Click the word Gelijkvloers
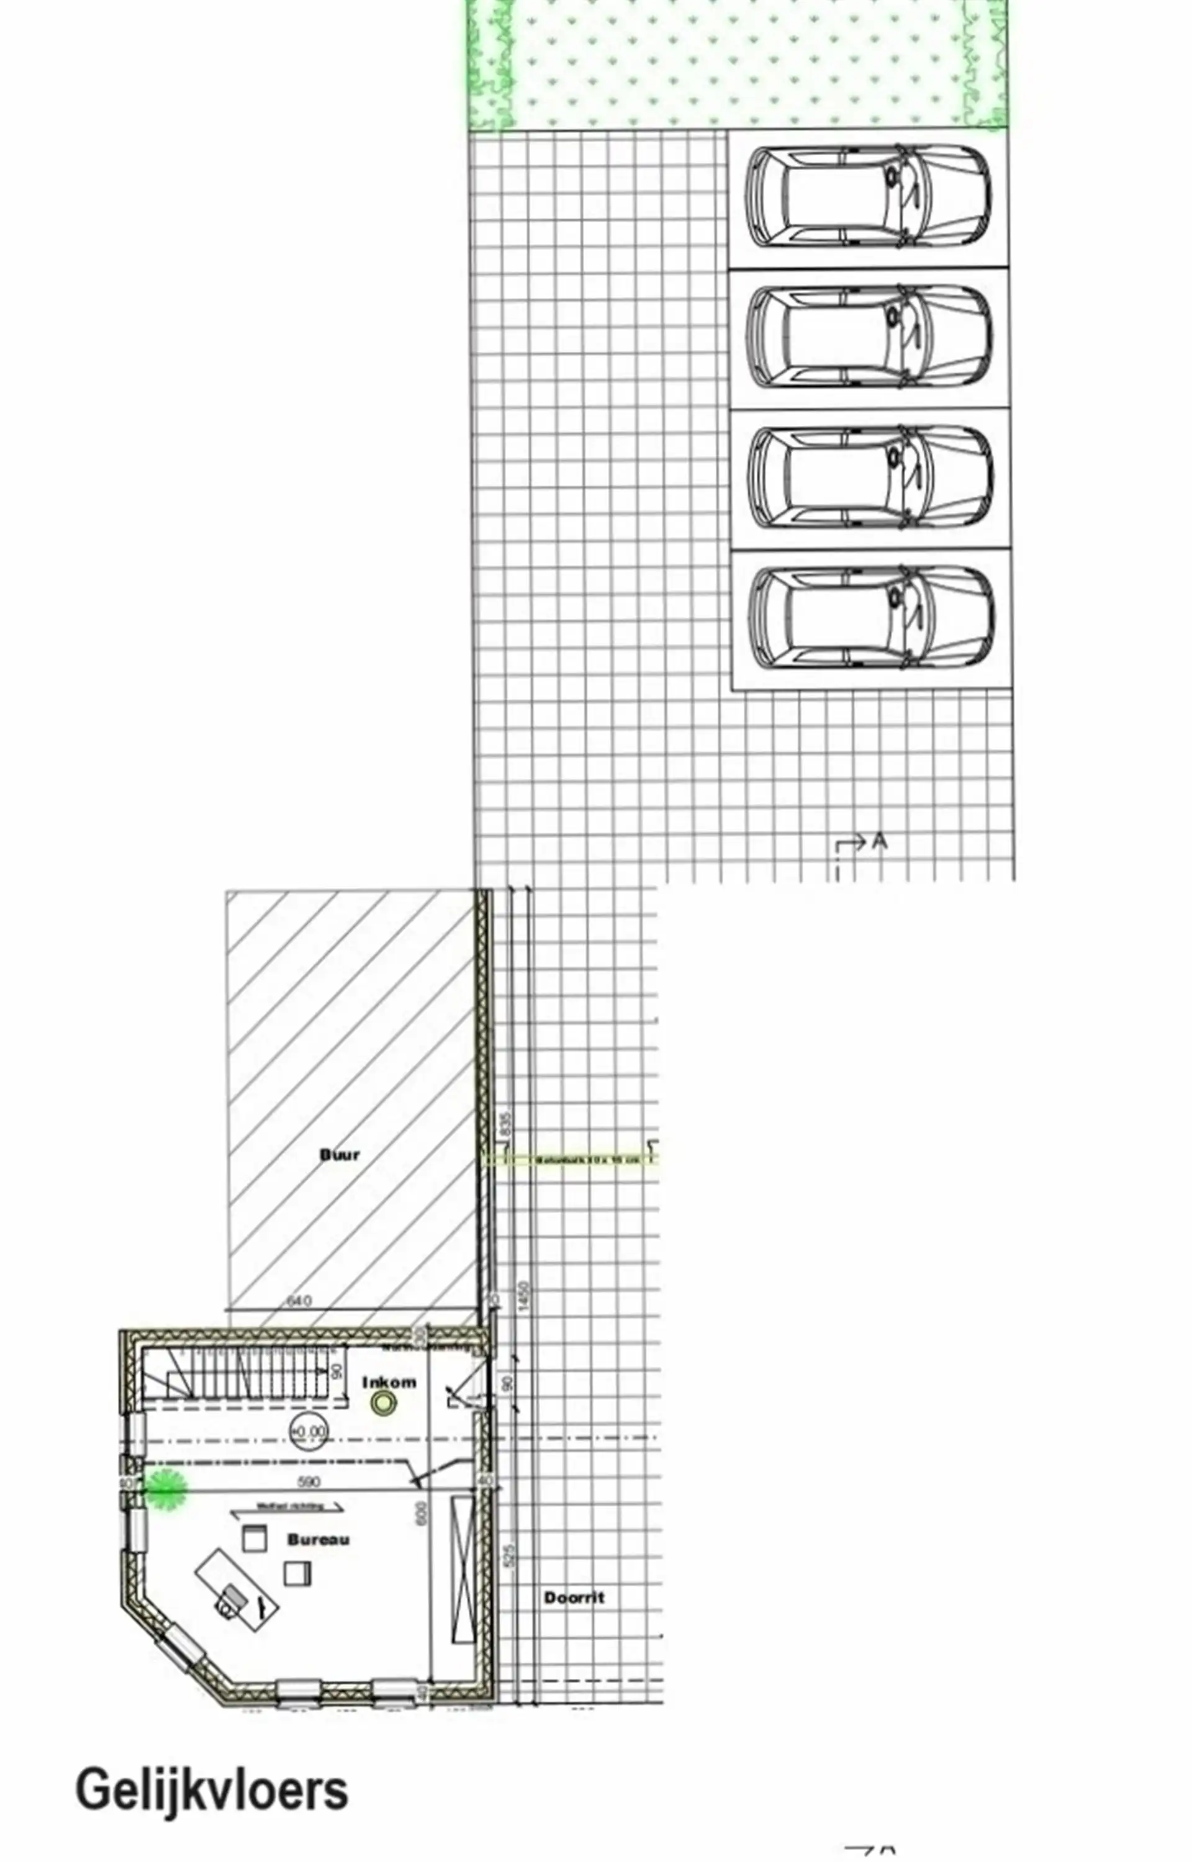pyautogui.click(x=211, y=1791)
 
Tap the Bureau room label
pyautogui.click(x=318, y=1539)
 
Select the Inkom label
pyautogui.click(x=389, y=1381)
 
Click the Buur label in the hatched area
pyautogui.click(x=340, y=1155)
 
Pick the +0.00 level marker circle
pyautogui.click(x=308, y=1432)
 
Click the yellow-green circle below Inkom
pyautogui.click(x=383, y=1403)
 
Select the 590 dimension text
pyautogui.click(x=309, y=1481)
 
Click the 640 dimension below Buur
pyautogui.click(x=299, y=1300)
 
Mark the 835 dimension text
pyautogui.click(x=506, y=1124)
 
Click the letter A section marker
pyautogui.click(x=878, y=841)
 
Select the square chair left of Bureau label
pyautogui.click(x=254, y=1538)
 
